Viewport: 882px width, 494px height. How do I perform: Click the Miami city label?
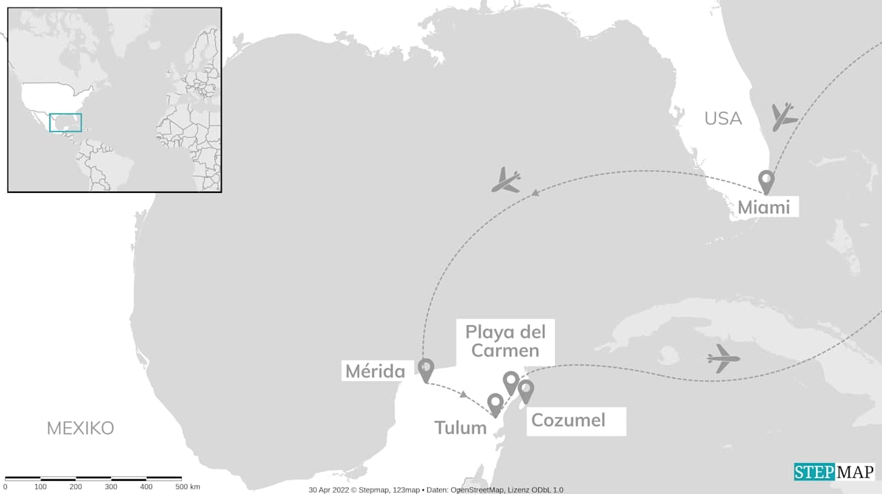tap(763, 207)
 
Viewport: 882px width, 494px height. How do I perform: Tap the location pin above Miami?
tap(766, 181)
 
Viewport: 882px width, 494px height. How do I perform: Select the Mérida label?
tap(375, 371)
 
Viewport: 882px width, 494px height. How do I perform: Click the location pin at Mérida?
tap(426, 369)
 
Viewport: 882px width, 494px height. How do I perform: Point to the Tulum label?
tap(460, 427)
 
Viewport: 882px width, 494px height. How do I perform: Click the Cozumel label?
tap(568, 420)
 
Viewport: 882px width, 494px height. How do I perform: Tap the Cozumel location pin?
tap(526, 390)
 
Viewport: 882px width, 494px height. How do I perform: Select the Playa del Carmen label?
tap(505, 341)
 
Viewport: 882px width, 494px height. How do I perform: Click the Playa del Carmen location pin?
tap(511, 381)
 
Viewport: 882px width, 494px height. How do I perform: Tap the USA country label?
tap(723, 119)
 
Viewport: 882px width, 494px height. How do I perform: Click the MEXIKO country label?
tap(80, 428)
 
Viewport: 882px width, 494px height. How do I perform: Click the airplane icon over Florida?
tap(783, 117)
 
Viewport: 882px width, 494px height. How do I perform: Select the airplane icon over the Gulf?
tap(506, 181)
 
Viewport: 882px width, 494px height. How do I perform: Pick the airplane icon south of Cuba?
tap(723, 358)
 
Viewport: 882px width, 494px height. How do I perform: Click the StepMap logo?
tap(834, 472)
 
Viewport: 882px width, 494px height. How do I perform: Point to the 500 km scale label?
tap(187, 487)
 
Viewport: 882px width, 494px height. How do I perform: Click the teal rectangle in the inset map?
tap(65, 123)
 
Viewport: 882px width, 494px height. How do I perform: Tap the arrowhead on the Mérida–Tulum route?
tap(465, 395)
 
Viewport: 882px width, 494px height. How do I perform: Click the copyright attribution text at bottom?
tap(435, 490)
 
